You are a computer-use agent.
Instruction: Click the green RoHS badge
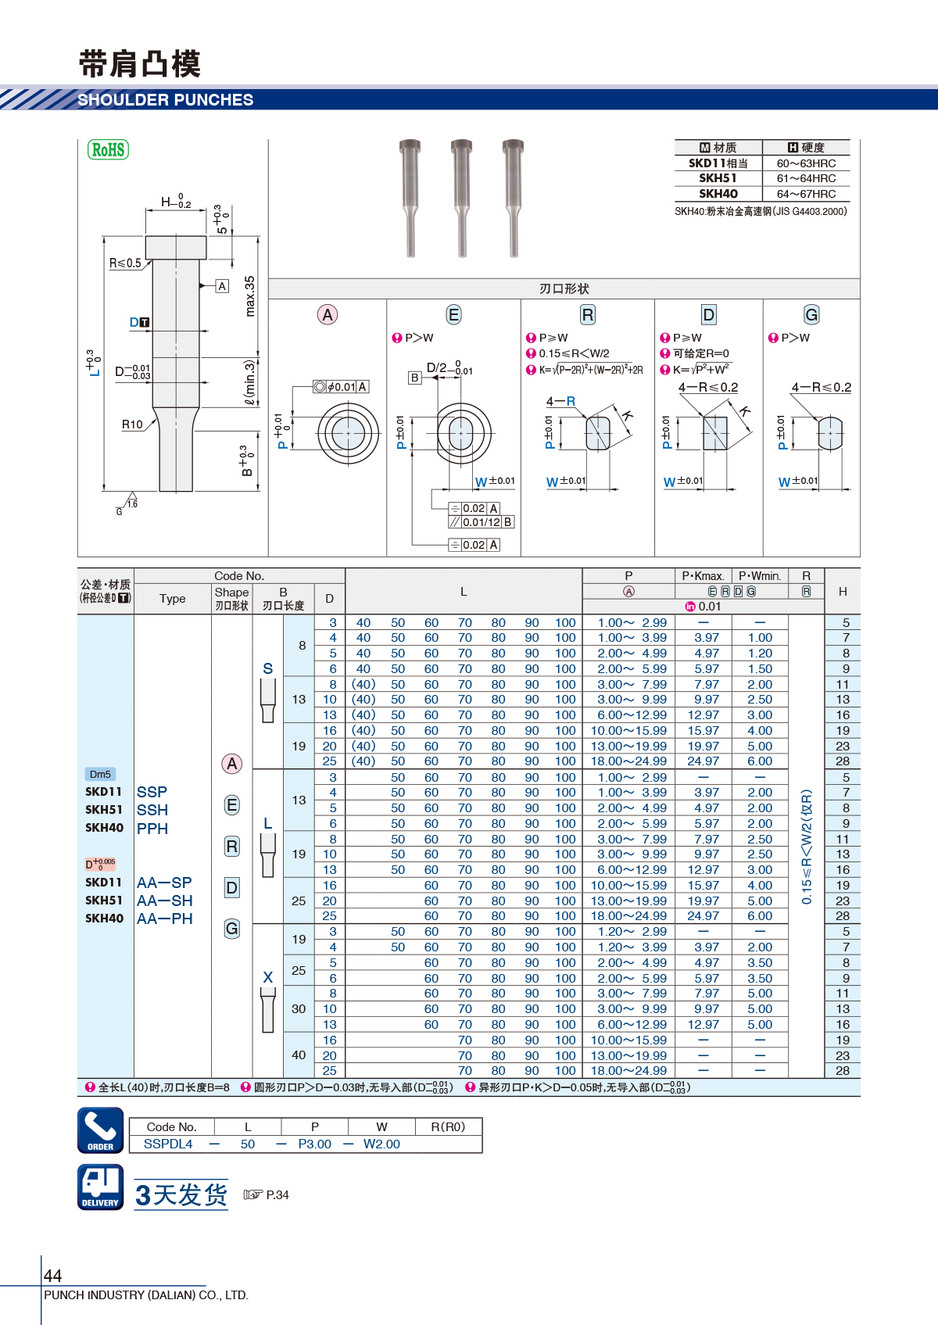click(x=108, y=149)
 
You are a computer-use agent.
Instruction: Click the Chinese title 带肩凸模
click(x=140, y=64)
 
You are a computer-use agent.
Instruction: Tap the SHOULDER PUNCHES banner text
click(x=166, y=100)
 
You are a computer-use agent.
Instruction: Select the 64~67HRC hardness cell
click(x=806, y=194)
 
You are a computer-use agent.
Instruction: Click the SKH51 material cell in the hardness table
click(x=718, y=178)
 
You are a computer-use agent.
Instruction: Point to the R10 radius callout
click(x=132, y=424)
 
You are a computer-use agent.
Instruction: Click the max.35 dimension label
click(x=249, y=295)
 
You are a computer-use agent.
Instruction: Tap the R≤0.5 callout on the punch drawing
click(x=125, y=263)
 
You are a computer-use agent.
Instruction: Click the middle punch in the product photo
click(x=461, y=198)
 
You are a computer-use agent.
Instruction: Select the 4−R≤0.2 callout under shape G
click(x=822, y=388)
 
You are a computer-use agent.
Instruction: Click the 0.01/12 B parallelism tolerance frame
click(x=482, y=522)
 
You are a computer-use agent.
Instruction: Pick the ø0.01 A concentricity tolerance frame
click(x=342, y=387)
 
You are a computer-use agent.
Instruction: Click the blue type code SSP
click(x=152, y=792)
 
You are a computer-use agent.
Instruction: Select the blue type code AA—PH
click(x=165, y=919)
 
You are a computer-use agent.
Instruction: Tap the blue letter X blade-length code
click(x=268, y=977)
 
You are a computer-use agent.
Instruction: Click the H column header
click(x=843, y=592)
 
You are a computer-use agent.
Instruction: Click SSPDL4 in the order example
click(x=168, y=1144)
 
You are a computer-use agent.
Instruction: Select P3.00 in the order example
click(x=315, y=1144)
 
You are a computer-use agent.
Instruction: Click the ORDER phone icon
click(x=101, y=1130)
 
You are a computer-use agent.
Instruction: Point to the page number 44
click(x=52, y=1275)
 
